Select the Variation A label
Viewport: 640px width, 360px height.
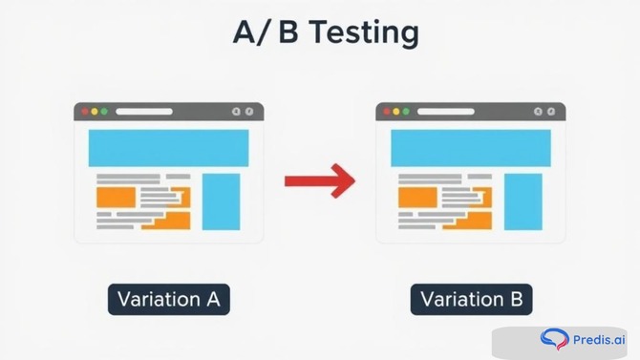(168, 299)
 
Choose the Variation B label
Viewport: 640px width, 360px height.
(471, 299)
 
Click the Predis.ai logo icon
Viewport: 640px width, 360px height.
(553, 339)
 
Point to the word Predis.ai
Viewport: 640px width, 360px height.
(599, 340)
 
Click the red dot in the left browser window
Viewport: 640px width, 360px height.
(85, 112)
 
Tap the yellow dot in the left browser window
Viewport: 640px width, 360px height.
(95, 112)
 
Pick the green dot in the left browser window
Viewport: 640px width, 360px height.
(104, 112)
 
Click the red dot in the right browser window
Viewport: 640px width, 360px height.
(387, 112)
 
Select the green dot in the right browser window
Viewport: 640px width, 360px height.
(406, 112)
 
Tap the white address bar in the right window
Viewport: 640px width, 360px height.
(445, 112)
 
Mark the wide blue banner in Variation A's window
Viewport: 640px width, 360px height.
(168, 148)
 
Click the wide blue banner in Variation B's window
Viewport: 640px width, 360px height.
(470, 148)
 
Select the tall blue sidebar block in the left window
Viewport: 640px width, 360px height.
(221, 201)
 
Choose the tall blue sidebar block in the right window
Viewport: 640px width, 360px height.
(523, 201)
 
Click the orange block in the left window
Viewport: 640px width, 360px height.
(116, 198)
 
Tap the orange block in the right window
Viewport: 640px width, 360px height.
(417, 198)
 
